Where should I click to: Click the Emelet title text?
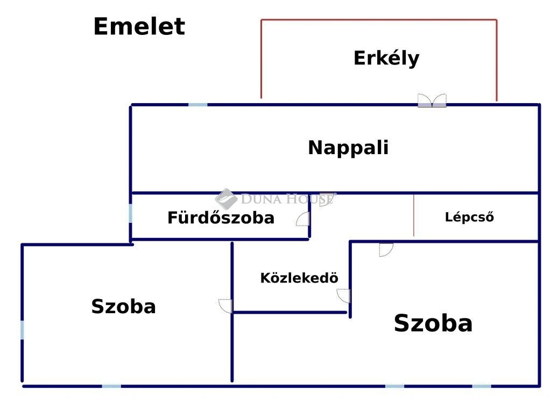(139, 26)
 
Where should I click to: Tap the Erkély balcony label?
(386, 58)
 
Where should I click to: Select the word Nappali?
(348, 148)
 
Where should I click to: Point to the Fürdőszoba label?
(221, 218)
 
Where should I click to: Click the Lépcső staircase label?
(469, 217)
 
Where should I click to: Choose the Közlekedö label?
(299, 278)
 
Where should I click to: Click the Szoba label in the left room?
(123, 307)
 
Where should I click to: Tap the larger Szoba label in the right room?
(433, 323)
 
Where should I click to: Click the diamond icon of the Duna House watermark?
(226, 199)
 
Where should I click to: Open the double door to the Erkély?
(432, 100)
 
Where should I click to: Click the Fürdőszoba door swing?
(303, 219)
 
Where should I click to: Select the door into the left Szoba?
(225, 306)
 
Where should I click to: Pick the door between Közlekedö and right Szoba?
(344, 296)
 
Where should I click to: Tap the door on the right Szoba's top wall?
(386, 250)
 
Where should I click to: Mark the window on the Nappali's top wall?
(198, 105)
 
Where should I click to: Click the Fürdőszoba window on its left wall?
(130, 213)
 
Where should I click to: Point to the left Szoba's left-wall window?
(22, 330)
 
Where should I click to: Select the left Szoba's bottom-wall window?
(111, 386)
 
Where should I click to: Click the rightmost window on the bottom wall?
(482, 386)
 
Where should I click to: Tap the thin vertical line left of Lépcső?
(414, 215)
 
